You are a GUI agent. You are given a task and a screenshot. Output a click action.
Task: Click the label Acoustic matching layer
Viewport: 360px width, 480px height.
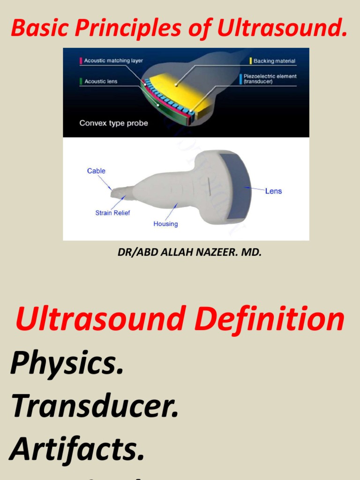pos(113,61)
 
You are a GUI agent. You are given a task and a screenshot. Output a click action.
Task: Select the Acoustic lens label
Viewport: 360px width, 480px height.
pos(101,82)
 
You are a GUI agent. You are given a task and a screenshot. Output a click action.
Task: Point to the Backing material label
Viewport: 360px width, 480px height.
pos(274,61)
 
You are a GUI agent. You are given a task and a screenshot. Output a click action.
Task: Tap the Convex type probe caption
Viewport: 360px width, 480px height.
pos(113,123)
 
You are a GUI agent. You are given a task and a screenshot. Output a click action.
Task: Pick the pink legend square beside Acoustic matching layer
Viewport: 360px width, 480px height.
pos(81,61)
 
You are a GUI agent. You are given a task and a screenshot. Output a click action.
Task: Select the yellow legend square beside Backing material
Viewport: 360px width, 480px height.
pos(251,61)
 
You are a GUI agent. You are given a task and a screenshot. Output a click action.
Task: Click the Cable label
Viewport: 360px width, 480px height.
pos(96,171)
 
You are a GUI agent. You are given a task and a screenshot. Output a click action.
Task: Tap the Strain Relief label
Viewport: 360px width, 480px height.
pos(112,213)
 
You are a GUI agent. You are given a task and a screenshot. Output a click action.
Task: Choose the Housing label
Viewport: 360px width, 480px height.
pos(165,224)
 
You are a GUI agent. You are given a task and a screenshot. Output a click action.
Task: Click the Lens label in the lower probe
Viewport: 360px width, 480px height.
pos(273,191)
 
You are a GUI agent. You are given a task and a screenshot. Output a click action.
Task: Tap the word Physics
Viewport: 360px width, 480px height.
pos(67,363)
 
